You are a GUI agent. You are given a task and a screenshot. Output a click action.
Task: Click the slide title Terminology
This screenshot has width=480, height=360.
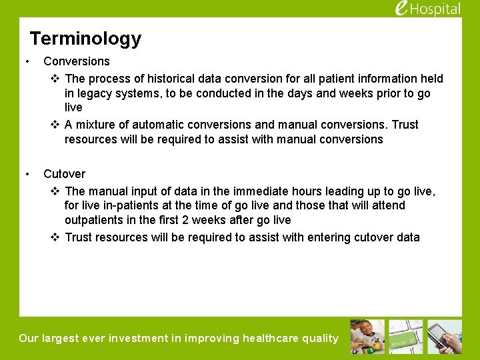pyautogui.click(x=85, y=39)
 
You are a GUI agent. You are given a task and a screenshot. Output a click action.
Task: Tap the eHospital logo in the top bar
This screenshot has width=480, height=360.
pyautogui.click(x=427, y=9)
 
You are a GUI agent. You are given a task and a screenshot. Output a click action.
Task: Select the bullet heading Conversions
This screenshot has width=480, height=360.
pyautogui.click(x=77, y=61)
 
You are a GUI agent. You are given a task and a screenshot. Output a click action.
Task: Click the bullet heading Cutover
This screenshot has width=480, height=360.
pyautogui.click(x=64, y=174)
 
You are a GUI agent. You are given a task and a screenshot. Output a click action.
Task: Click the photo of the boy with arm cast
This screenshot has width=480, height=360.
pyautogui.click(x=368, y=337)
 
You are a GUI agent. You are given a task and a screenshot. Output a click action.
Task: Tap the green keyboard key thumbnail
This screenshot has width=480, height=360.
pyautogui.click(x=406, y=337)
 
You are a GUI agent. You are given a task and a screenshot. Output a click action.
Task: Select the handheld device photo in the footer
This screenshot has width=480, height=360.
pyautogui.click(x=445, y=337)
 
